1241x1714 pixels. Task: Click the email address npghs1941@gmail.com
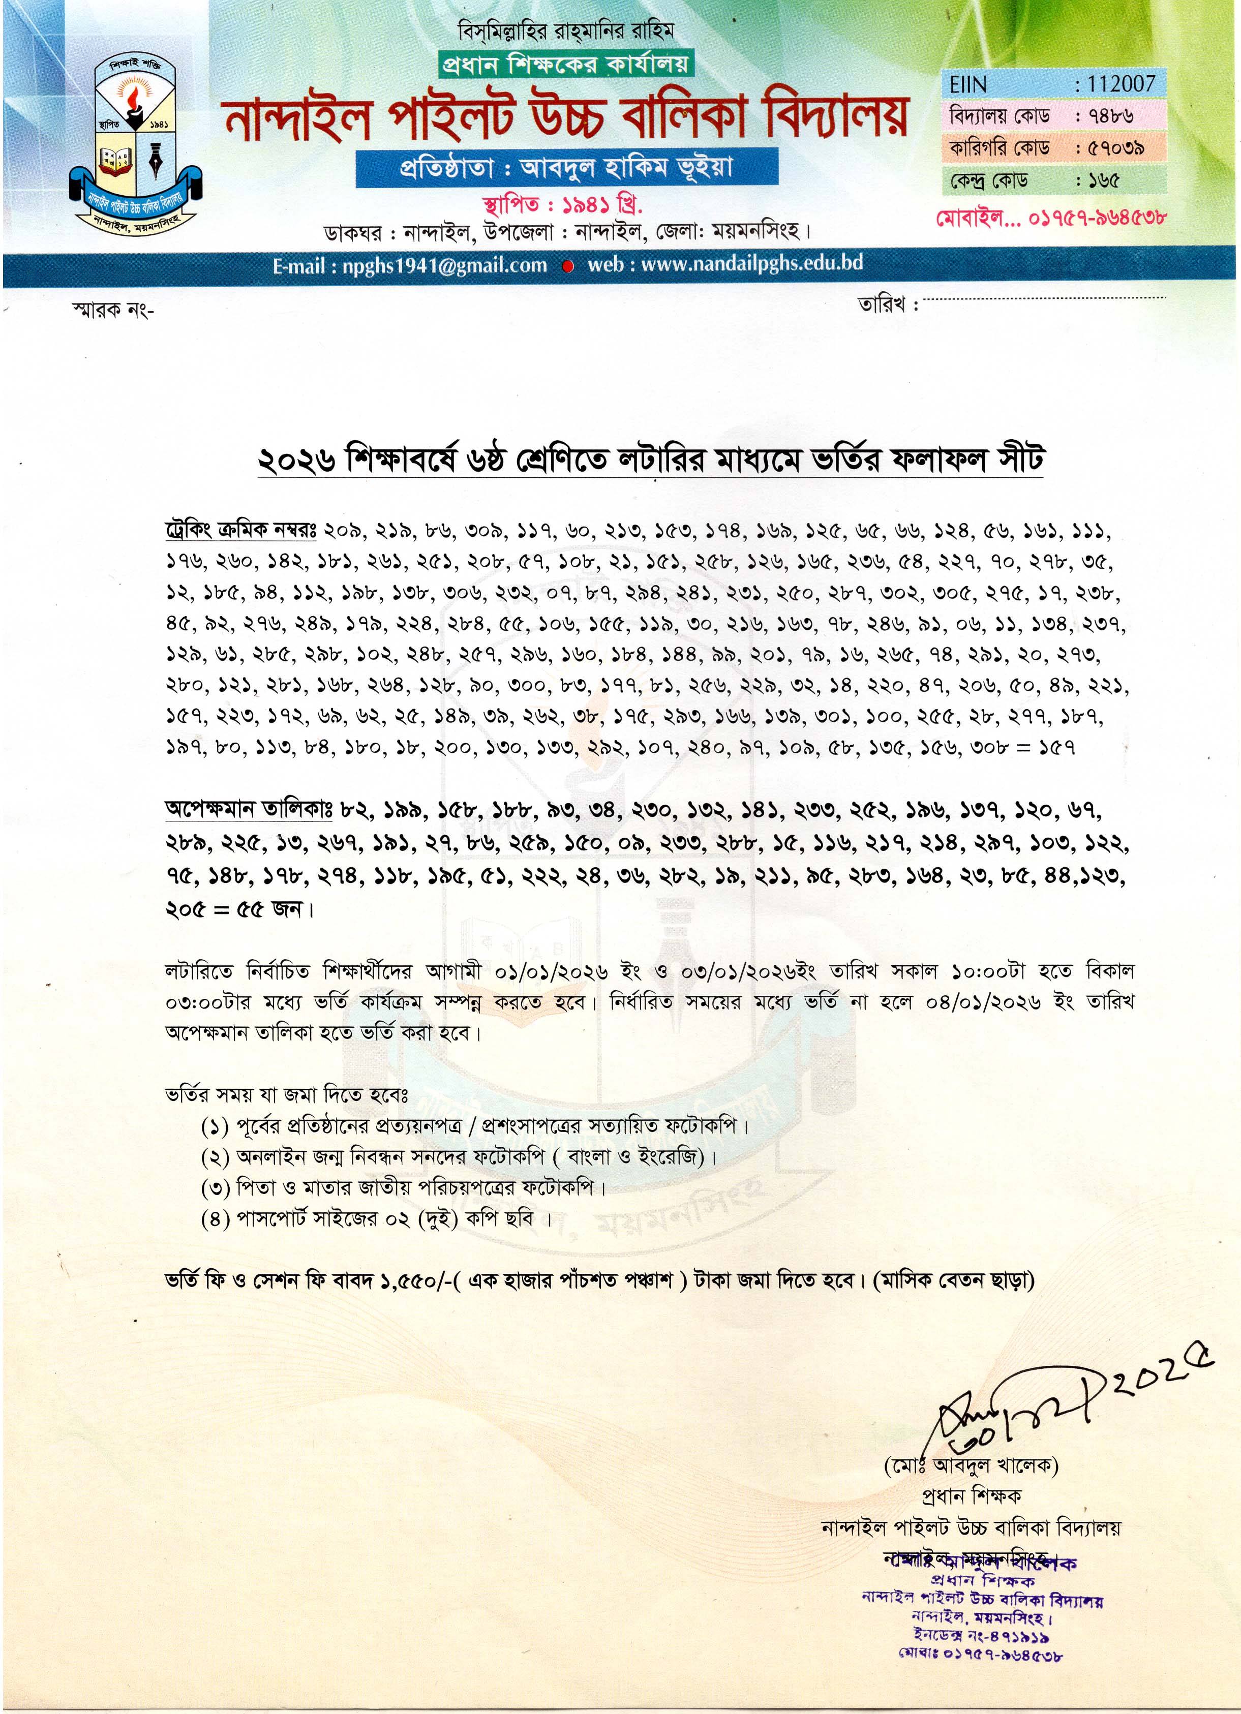[410, 265]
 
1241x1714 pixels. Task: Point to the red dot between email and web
[568, 266]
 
